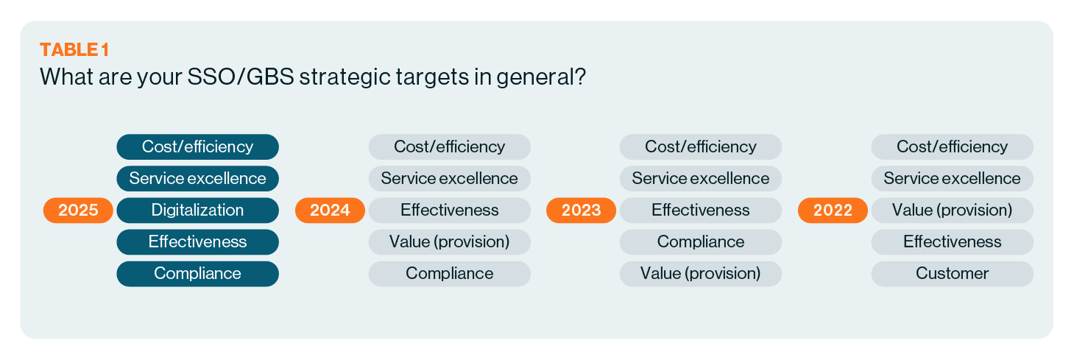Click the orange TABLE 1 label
click(x=74, y=49)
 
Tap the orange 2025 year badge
click(x=78, y=211)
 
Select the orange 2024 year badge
click(x=330, y=211)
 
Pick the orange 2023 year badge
click(x=581, y=211)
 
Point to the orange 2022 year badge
click(x=833, y=211)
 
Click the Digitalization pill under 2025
click(x=197, y=211)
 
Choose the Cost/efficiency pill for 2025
click(x=197, y=147)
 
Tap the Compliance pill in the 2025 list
click(x=197, y=274)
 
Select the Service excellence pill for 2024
click(x=449, y=179)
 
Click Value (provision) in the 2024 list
click(x=449, y=242)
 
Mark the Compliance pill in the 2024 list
click(x=449, y=274)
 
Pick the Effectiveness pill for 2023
click(x=700, y=211)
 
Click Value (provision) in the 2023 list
click(x=700, y=274)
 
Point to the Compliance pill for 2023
click(x=700, y=242)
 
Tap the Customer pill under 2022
click(x=952, y=274)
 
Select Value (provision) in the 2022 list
click(x=952, y=211)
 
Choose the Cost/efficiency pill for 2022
click(x=952, y=147)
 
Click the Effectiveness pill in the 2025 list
click(x=197, y=242)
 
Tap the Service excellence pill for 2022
click(x=952, y=179)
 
